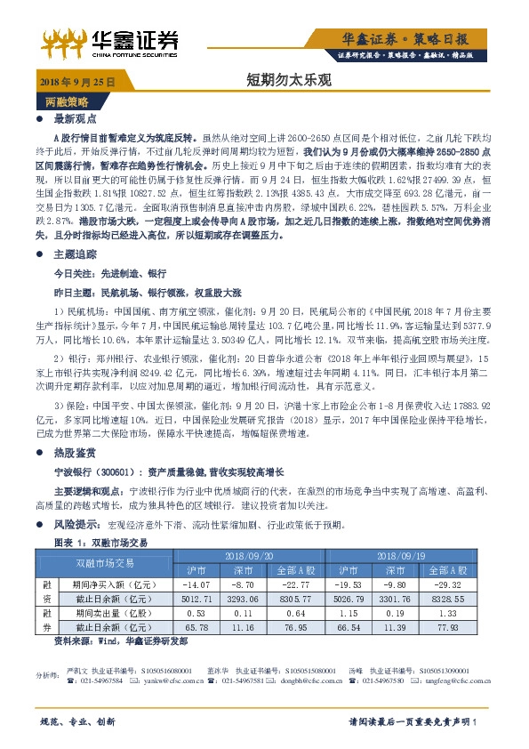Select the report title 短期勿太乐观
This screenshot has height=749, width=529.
pyautogui.click(x=276, y=80)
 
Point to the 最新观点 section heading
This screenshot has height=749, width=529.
pyautogui.click(x=74, y=117)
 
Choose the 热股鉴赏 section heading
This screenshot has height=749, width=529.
pyautogui.click(x=74, y=452)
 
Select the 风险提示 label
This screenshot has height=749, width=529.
pyautogui.click(x=76, y=526)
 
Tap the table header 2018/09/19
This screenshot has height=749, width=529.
pyautogui.click(x=408, y=555)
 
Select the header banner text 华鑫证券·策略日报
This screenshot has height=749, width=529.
pyautogui.click(x=416, y=38)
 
